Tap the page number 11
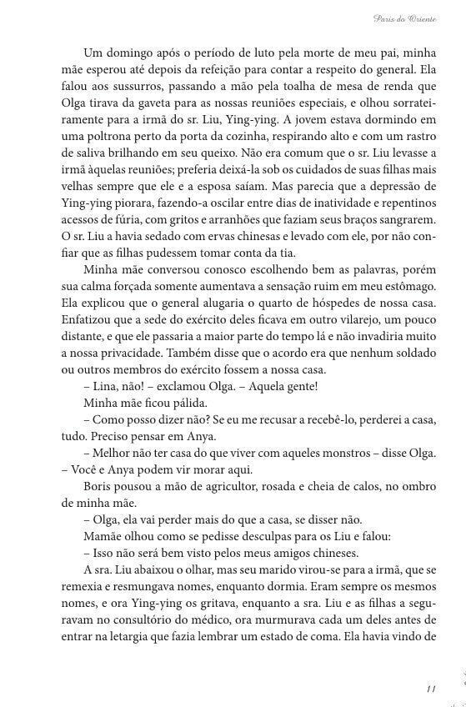tap(430, 689)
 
